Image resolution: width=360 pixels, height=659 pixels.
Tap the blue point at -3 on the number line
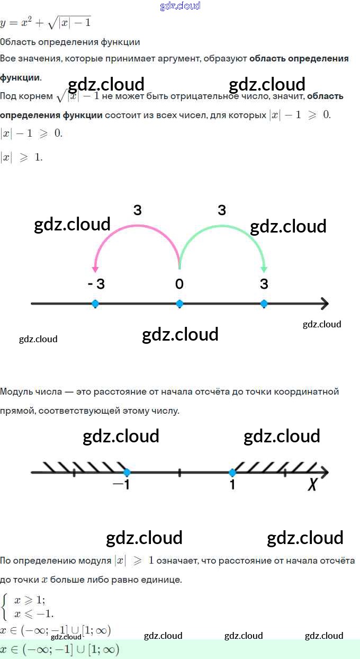pyautogui.click(x=95, y=304)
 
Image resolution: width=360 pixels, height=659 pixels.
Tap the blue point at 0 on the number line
pyautogui.click(x=179, y=304)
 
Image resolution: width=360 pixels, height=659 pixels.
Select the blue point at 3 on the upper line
pyautogui.click(x=264, y=304)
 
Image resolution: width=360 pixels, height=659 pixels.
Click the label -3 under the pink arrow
pyautogui.click(x=96, y=284)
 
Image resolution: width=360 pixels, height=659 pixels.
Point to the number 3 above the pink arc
pyautogui.click(x=138, y=210)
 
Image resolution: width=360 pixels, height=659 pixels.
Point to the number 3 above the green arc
pyautogui.click(x=222, y=210)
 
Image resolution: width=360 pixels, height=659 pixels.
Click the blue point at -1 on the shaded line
pyautogui.click(x=127, y=473)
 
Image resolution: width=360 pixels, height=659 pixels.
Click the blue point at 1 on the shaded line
pyautogui.click(x=232, y=473)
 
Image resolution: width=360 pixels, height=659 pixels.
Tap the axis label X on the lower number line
pyautogui.click(x=312, y=484)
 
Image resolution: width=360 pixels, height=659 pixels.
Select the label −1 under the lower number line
pyautogui.click(x=122, y=484)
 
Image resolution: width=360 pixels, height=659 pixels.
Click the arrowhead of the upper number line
pyautogui.click(x=324, y=304)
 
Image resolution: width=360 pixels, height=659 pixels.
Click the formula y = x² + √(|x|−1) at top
pyautogui.click(x=46, y=22)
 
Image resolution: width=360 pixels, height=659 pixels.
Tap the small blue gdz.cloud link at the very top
pyautogui.click(x=180, y=6)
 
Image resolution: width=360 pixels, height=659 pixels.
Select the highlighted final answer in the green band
pyautogui.click(x=60, y=649)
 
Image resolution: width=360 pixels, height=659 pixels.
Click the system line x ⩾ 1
pyautogui.click(x=30, y=600)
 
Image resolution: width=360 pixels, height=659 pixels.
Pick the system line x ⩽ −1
pyautogui.click(x=34, y=615)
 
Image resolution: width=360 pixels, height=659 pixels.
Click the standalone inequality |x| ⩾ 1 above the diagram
pyautogui.click(x=21, y=157)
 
